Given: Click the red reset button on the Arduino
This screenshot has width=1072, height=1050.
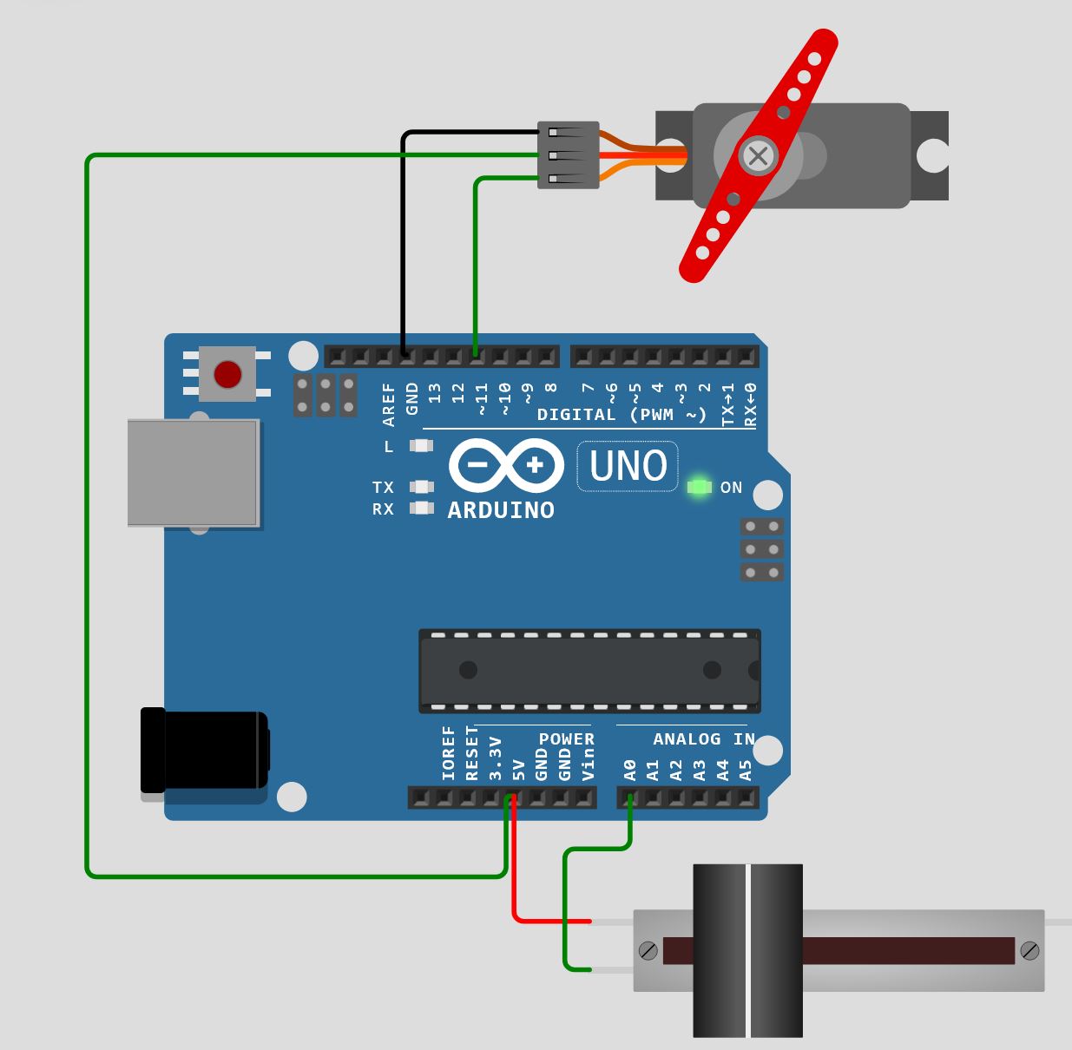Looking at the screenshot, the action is pyautogui.click(x=227, y=375).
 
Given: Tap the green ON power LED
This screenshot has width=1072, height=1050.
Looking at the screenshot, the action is pyautogui.click(x=699, y=487).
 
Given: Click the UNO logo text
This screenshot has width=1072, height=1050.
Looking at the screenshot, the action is pyautogui.click(x=628, y=466).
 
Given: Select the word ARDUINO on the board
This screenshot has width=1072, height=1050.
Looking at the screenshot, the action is pyautogui.click(x=501, y=510).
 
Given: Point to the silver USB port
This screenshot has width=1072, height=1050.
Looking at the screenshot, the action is pyautogui.click(x=193, y=473).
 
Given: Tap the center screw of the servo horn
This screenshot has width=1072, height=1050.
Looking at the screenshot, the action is pyautogui.click(x=758, y=156).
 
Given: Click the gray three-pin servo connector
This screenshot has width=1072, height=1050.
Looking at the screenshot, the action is pyautogui.click(x=569, y=155).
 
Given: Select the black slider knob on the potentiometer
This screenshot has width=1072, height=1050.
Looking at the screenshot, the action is pyautogui.click(x=747, y=950).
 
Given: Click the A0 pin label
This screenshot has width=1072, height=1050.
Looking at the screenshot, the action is pyautogui.click(x=630, y=770).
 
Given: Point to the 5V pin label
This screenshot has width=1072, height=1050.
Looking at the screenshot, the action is pyautogui.click(x=519, y=770).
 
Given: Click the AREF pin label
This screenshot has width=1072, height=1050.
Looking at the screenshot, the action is pyautogui.click(x=389, y=405).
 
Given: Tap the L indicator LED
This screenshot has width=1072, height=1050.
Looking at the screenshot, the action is pyautogui.click(x=422, y=446).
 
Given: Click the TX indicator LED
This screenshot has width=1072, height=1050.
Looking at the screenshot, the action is pyautogui.click(x=422, y=487).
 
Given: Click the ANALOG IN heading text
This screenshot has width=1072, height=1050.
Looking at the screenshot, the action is pyautogui.click(x=703, y=739).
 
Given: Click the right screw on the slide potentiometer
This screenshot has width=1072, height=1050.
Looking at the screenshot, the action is pyautogui.click(x=1029, y=950).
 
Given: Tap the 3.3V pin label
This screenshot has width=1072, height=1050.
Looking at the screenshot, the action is pyautogui.click(x=496, y=758).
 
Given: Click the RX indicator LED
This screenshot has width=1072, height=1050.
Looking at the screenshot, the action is pyautogui.click(x=422, y=509).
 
